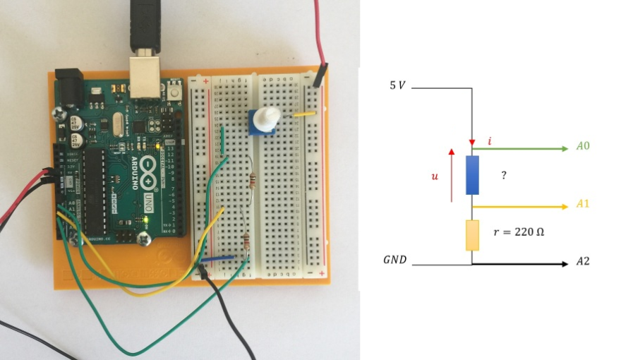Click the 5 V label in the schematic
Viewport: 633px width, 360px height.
pyautogui.click(x=398, y=85)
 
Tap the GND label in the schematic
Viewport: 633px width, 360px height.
pyautogui.click(x=395, y=260)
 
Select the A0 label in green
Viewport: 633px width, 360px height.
pyautogui.click(x=583, y=147)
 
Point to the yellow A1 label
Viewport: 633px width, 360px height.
pyautogui.click(x=583, y=204)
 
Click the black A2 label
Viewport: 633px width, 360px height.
pyautogui.click(x=583, y=261)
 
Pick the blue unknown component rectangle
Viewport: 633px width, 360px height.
pyautogui.click(x=472, y=175)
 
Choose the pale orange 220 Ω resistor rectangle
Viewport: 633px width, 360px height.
pyautogui.click(x=472, y=235)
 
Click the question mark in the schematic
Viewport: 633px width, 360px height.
pyautogui.click(x=504, y=175)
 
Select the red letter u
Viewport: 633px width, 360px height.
pyautogui.click(x=435, y=176)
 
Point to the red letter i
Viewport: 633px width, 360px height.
pyautogui.click(x=490, y=141)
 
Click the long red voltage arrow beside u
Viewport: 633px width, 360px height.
pyautogui.click(x=451, y=175)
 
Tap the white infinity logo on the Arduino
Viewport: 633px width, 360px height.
pyautogui.click(x=148, y=167)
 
